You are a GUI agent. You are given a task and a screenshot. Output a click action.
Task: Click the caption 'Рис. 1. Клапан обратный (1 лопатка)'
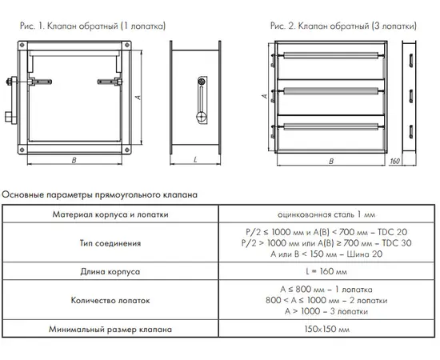pyautogui.click(x=93, y=26)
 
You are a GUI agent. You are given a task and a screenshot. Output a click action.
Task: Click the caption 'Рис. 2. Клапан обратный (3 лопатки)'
pyautogui.click(x=343, y=26)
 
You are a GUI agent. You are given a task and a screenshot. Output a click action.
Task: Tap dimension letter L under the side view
pyautogui.click(x=195, y=160)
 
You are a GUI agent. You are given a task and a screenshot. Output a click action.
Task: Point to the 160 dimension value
pyautogui.click(x=394, y=161)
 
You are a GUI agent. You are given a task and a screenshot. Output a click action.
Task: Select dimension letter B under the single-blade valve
pyautogui.click(x=74, y=160)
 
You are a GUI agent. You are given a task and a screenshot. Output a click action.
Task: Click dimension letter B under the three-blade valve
pyautogui.click(x=331, y=162)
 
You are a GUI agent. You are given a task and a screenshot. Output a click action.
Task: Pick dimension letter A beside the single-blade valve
pyautogui.click(x=138, y=98)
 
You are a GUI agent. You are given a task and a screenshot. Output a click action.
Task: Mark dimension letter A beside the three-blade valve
pyautogui.click(x=264, y=96)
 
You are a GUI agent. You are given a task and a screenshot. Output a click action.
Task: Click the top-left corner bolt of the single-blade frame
pyautogui.click(x=22, y=45)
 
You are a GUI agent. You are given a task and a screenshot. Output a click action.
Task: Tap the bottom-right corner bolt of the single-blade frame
pyautogui.click(x=127, y=150)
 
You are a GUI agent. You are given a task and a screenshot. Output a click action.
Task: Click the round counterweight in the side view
pyautogui.click(x=201, y=116)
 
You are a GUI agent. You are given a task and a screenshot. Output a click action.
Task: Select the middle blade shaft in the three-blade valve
pyautogui.click(x=331, y=90)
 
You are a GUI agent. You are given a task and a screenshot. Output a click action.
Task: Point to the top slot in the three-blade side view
pyautogui.click(x=410, y=60)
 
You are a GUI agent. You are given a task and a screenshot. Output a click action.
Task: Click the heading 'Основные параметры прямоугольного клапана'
pyautogui.click(x=100, y=194)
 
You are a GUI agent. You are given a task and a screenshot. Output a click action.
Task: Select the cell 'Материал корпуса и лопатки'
pyautogui.click(x=110, y=214)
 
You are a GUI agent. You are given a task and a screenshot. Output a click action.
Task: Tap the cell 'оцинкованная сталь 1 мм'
pyautogui.click(x=326, y=214)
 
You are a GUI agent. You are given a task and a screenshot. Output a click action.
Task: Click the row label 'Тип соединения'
pyautogui.click(x=110, y=243)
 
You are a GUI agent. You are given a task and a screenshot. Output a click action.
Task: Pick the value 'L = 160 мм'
pyautogui.click(x=326, y=272)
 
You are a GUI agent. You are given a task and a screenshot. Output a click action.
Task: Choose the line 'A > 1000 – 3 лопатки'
pyautogui.click(x=326, y=311)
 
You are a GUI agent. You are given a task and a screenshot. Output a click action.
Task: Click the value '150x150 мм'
pyautogui.click(x=327, y=329)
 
